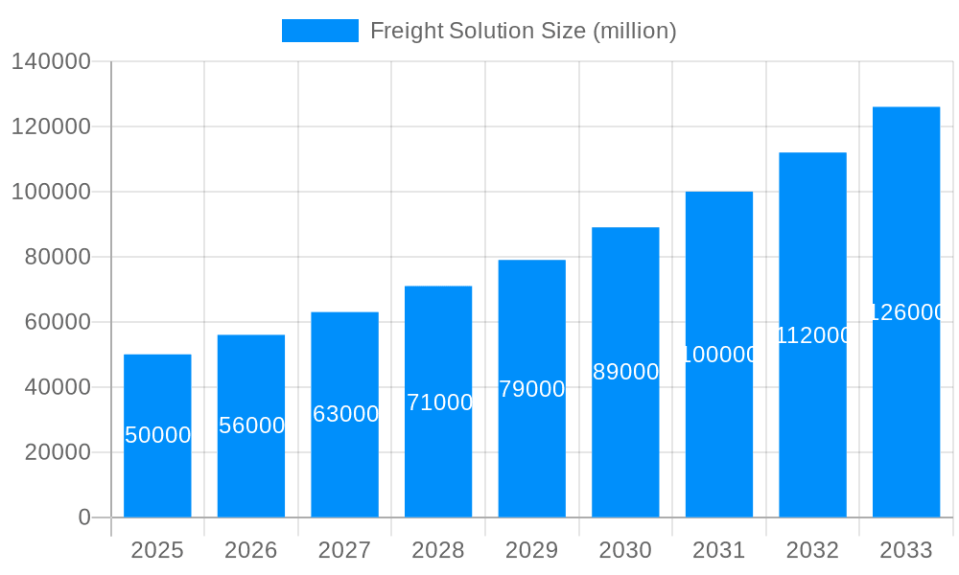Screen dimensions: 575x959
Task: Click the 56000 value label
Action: (x=251, y=425)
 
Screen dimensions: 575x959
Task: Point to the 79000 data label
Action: (x=532, y=389)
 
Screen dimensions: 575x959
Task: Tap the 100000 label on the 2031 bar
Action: (x=719, y=355)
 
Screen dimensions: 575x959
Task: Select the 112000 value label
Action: (x=813, y=335)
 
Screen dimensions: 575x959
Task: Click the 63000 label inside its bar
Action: (x=345, y=414)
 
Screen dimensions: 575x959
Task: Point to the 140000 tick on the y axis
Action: (x=51, y=62)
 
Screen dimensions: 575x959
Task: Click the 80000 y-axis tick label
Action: (x=58, y=257)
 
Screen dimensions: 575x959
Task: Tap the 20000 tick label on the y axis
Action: (x=58, y=452)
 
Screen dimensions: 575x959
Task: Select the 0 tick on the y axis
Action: (x=84, y=517)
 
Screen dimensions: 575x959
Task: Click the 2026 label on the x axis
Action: (x=250, y=550)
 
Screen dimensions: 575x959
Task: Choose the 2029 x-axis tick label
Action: (x=531, y=550)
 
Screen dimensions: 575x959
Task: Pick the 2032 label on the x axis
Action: (x=812, y=550)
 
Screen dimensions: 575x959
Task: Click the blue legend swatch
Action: (x=319, y=31)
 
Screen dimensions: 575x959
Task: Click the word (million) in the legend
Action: (x=635, y=31)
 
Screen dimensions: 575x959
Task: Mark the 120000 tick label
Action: (x=51, y=126)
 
